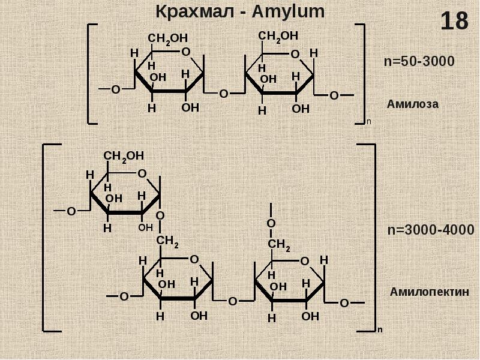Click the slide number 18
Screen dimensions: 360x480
tap(454, 22)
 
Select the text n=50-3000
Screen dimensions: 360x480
tap(419, 61)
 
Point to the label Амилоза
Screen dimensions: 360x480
tap(413, 104)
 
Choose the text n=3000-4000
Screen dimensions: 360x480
tap(430, 230)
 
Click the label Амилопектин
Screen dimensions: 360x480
tap(428, 292)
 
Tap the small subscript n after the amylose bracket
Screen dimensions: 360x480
tap(369, 122)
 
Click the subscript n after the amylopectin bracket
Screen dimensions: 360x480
tap(380, 329)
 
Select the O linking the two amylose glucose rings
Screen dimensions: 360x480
tap(223, 94)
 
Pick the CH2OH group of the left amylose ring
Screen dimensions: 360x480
tap(167, 39)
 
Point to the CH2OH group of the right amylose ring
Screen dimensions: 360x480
tap(278, 37)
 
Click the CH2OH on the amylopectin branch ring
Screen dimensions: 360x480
tap(124, 156)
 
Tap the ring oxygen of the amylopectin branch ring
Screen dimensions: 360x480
tap(142, 174)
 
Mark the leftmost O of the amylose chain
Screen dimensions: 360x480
tap(116, 90)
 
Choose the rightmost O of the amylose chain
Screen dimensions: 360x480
tap(334, 95)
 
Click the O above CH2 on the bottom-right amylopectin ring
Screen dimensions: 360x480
tap(271, 224)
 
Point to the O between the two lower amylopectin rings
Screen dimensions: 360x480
tap(233, 301)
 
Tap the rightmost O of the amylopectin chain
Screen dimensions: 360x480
tap(344, 304)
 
